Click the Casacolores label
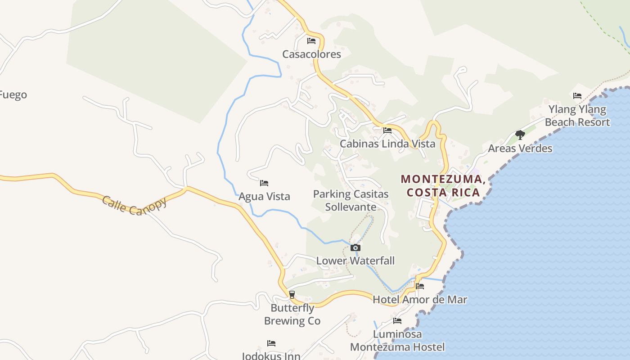click(311, 54)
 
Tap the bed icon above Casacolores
click(311, 41)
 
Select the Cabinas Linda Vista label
click(387, 144)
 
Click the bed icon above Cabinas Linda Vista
click(387, 130)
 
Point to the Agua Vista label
click(264, 197)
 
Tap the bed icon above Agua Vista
click(264, 183)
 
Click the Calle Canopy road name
click(134, 205)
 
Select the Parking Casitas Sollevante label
click(351, 201)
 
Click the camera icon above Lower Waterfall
click(355, 247)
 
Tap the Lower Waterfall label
click(355, 261)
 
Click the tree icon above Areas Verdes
click(520, 135)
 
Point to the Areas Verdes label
click(520, 148)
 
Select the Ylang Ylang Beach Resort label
click(577, 116)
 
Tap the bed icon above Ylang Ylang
click(577, 96)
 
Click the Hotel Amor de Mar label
click(420, 300)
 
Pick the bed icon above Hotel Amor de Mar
click(420, 286)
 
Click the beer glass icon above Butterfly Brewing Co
click(292, 295)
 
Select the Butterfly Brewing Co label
click(292, 315)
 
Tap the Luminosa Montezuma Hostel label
click(397, 341)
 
